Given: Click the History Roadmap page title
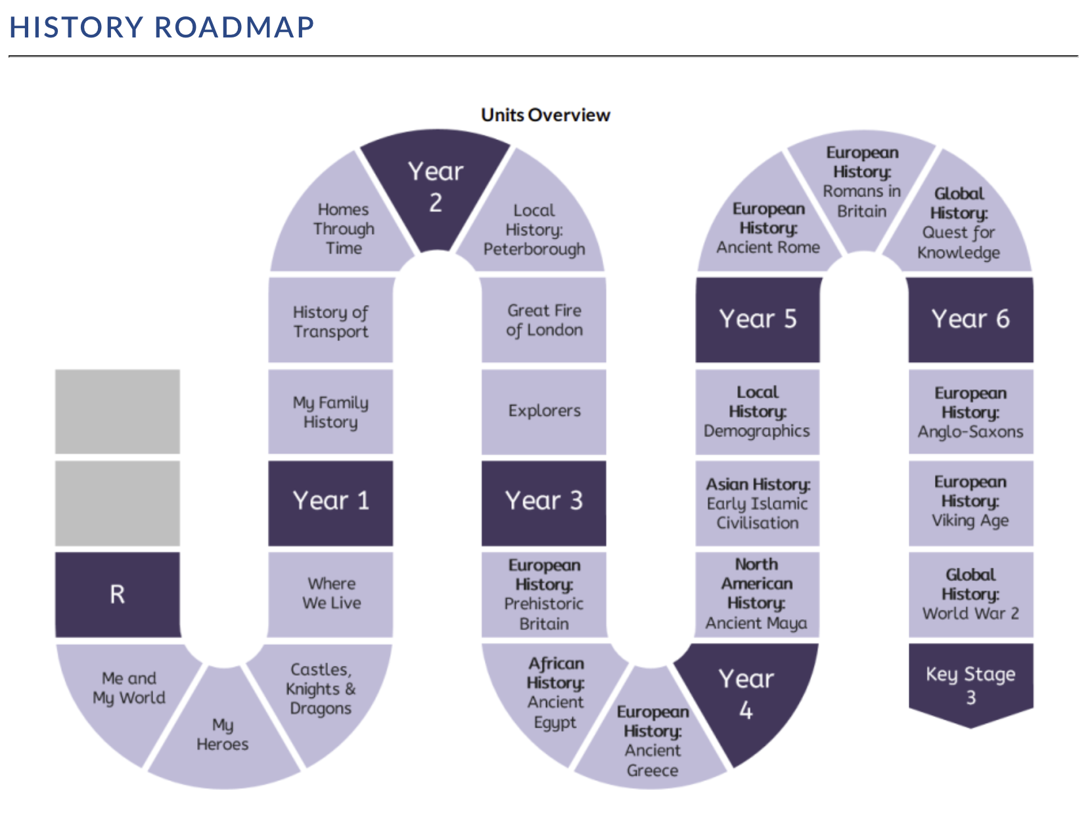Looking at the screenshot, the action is (162, 27).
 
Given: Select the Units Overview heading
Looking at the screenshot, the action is (545, 115).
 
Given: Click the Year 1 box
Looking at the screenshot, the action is (330, 503).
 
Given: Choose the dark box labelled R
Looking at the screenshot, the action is (118, 595).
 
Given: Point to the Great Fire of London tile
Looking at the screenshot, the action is (544, 320).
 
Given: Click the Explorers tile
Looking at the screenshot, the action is (544, 411).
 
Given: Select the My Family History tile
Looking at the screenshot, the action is (330, 411).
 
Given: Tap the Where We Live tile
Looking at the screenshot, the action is (330, 595).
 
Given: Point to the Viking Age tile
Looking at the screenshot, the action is (970, 503).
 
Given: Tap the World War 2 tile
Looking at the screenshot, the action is (970, 595).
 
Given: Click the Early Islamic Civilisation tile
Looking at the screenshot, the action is (757, 503).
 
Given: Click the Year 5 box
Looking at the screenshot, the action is (757, 320).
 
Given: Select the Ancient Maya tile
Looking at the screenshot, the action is (756, 595).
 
